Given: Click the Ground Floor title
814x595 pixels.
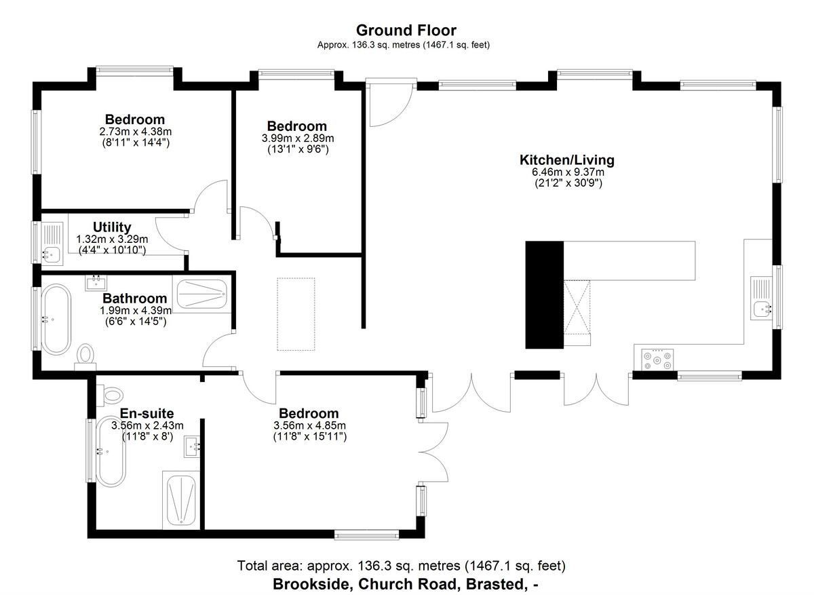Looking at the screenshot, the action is point(406,31).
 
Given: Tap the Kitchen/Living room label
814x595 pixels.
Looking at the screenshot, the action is point(567,160).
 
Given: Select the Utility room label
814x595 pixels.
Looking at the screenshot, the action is point(112,227).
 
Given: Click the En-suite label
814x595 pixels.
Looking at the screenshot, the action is point(147,413).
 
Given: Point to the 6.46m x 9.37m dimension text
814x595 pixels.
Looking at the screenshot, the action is point(568,172).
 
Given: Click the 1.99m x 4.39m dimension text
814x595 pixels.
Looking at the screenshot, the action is point(136,311).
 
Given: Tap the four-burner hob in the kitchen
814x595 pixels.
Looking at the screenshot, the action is point(657,360).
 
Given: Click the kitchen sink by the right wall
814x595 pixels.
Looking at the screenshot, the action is point(762,299).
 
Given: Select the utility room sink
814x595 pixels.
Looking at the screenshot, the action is point(52,244).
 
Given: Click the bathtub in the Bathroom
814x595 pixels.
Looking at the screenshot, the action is point(56,320).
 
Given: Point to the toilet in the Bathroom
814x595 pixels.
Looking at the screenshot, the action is point(85,357).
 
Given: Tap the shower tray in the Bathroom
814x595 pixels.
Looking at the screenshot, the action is point(201,294).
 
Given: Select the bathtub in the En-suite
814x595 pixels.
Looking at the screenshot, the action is point(111,452).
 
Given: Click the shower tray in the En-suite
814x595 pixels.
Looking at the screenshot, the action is point(180,500).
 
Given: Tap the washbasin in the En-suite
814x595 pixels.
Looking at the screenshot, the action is point(192,446).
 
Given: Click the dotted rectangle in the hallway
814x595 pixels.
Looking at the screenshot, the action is point(296,314).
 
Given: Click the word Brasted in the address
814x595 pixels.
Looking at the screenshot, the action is point(496,584).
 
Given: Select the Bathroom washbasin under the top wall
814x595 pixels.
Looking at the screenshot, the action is point(96,283).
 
